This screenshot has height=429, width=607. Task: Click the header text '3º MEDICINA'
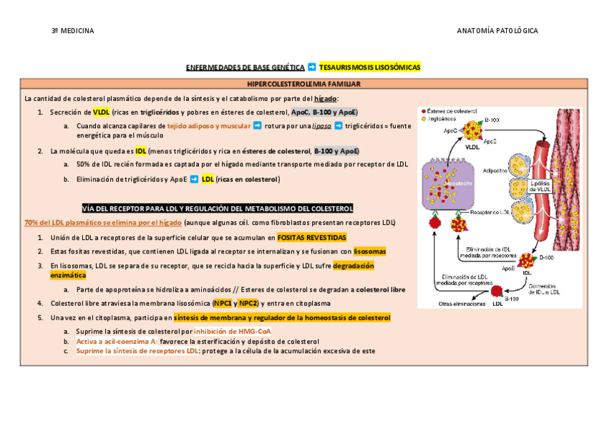tap(72, 32)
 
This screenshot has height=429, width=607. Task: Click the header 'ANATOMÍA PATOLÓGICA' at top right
tap(497, 32)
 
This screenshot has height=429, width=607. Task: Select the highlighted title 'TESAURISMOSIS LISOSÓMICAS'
tap(370, 67)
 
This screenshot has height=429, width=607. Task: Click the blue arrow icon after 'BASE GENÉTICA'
tap(311, 67)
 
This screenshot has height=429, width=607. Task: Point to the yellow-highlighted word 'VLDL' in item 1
tap(101, 112)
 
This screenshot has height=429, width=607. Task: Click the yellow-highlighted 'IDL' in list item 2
tap(141, 152)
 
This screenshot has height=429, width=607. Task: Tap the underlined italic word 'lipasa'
tap(322, 126)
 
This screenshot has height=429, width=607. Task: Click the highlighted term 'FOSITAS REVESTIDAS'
tap(311, 237)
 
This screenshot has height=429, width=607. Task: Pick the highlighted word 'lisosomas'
tap(369, 251)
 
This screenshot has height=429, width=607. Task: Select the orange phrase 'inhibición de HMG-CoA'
tap(232, 332)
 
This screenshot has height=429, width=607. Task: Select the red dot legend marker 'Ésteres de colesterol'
tap(423, 112)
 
